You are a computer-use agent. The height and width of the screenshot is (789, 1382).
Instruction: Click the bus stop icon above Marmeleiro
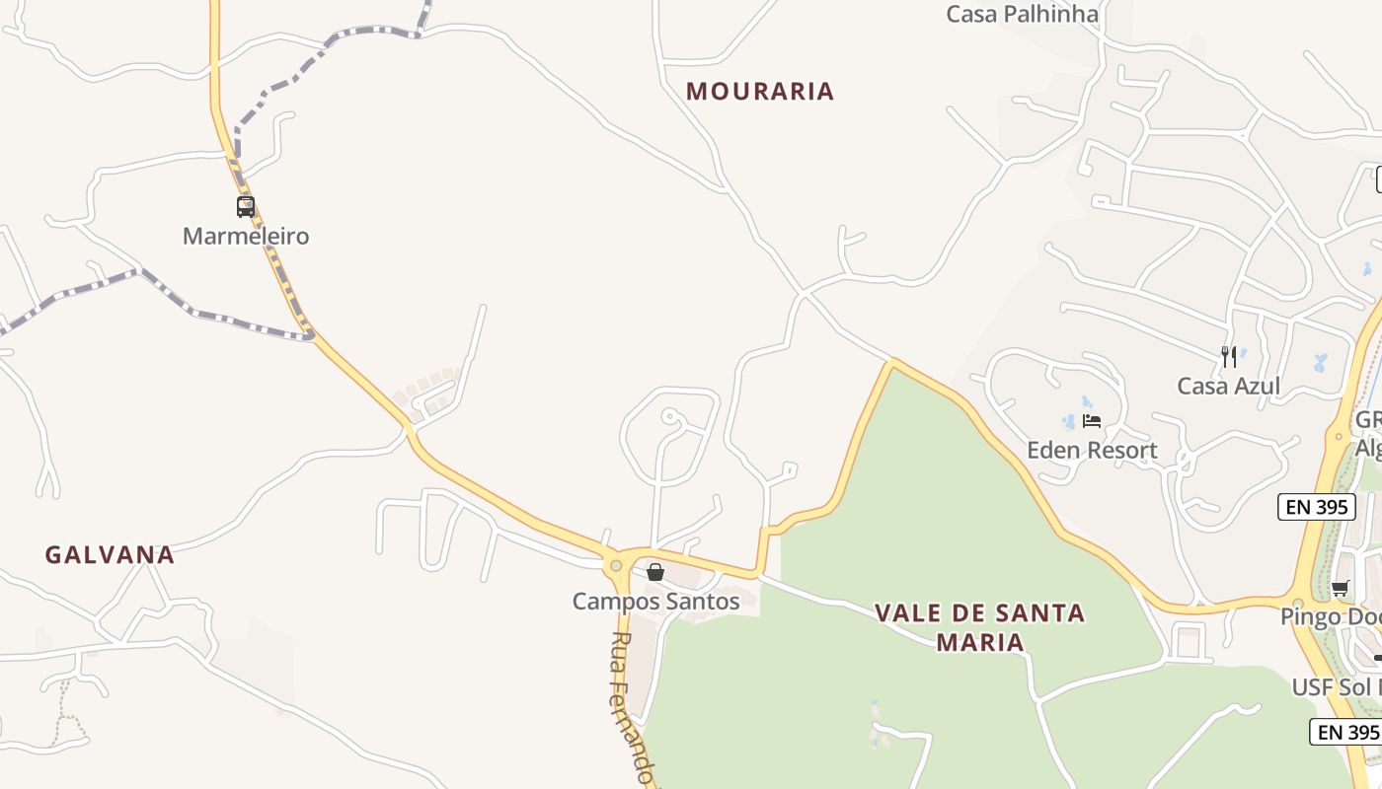click(246, 207)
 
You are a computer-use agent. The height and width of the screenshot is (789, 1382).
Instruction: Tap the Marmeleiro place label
click(246, 237)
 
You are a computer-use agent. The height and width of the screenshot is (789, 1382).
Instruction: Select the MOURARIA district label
click(760, 92)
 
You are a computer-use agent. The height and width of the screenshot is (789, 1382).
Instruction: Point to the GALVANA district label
click(110, 555)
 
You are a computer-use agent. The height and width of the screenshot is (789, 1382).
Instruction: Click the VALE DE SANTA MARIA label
click(979, 627)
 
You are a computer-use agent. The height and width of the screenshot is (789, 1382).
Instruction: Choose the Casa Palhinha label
click(1022, 14)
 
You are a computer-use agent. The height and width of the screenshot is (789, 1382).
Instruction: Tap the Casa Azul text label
click(1228, 386)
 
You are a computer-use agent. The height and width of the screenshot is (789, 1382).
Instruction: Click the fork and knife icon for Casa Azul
click(1229, 356)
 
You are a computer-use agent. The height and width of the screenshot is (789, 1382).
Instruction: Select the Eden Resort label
click(1092, 451)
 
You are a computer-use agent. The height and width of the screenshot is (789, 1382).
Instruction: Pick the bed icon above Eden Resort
click(1092, 421)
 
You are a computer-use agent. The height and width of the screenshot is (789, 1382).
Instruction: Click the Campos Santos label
click(655, 601)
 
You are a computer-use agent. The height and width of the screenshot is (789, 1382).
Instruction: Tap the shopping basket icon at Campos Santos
click(654, 572)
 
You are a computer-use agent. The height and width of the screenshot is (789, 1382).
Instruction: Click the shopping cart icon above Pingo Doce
click(1340, 589)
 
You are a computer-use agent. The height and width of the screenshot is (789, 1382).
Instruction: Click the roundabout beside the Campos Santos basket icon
click(616, 565)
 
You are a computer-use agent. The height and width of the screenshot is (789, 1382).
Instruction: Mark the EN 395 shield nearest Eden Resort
click(1316, 507)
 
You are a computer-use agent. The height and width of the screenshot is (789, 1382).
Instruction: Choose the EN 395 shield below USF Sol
click(1346, 732)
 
